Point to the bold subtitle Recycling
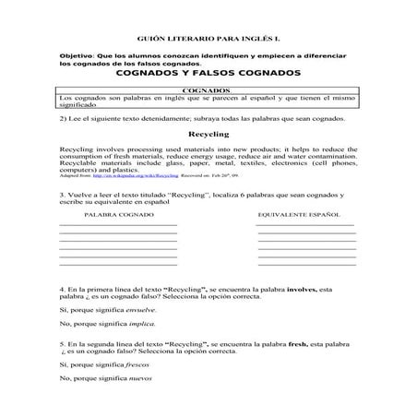tap(208, 134)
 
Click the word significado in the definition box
tap(77, 105)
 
